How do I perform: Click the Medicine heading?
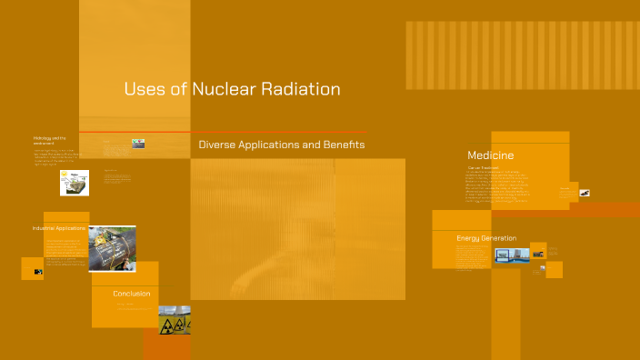click(x=491, y=155)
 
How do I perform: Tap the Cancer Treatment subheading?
click(x=485, y=167)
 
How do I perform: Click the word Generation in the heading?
click(x=501, y=238)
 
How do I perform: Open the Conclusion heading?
click(x=132, y=294)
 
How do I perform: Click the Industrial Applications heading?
click(x=58, y=227)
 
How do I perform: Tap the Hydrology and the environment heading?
click(x=49, y=140)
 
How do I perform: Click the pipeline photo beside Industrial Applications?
click(x=112, y=248)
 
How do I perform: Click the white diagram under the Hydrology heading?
click(x=75, y=182)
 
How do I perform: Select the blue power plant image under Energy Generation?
click(x=512, y=255)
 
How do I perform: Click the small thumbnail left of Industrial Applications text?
click(x=37, y=270)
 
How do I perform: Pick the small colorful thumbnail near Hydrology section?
click(x=138, y=143)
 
